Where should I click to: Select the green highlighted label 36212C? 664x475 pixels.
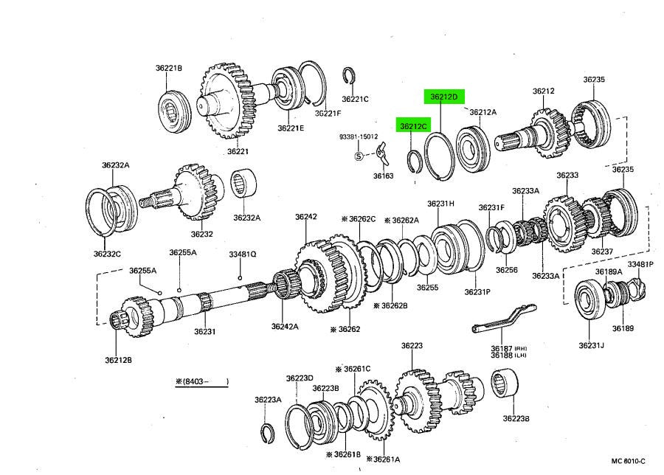click(413, 126)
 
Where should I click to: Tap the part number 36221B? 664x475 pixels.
click(168, 69)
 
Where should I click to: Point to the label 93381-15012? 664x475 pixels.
click(359, 136)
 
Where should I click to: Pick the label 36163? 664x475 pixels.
click(382, 176)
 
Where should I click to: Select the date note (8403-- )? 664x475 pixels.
click(201, 381)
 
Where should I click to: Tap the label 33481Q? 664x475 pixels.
click(241, 254)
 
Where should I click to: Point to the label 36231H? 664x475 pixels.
click(440, 204)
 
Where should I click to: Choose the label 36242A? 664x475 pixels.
click(284, 326)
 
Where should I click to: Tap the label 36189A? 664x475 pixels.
click(609, 272)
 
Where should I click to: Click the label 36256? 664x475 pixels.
click(506, 270)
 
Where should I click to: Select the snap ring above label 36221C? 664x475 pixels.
click(350, 76)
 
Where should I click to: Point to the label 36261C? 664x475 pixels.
click(355, 369)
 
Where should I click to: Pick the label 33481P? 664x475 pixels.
click(640, 264)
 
